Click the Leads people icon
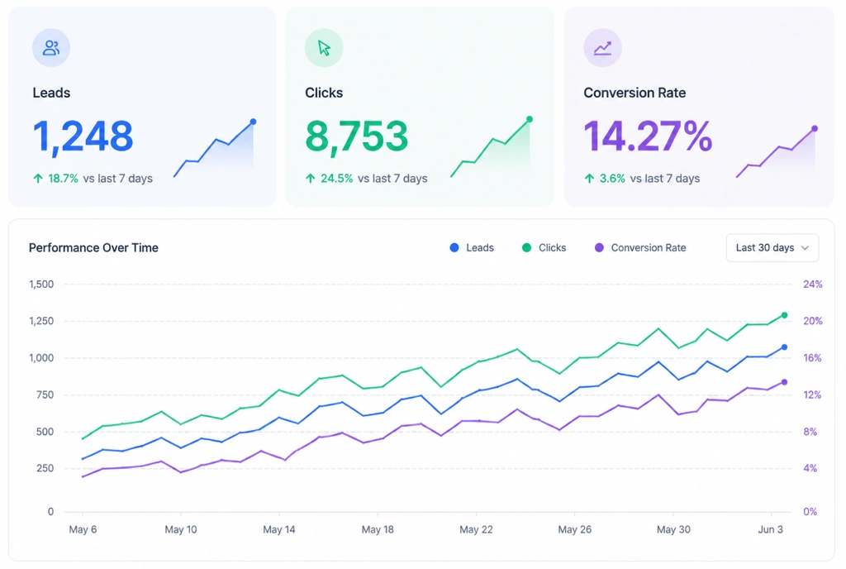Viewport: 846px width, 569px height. pos(51,48)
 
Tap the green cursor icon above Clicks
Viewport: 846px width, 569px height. pos(324,48)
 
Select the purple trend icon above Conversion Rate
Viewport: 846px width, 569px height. pos(602,49)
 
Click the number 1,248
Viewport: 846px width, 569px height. pos(83,136)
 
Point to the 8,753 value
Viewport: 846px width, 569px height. pos(357,136)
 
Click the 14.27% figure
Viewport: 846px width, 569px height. pos(648,136)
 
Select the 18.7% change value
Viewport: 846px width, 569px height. pos(63,179)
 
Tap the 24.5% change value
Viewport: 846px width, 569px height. pos(337,179)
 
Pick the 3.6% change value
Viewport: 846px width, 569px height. pos(612,179)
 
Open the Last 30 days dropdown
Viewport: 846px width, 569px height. pos(772,248)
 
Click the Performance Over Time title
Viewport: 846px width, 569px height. pos(93,248)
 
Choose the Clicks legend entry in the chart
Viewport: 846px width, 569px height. pos(544,248)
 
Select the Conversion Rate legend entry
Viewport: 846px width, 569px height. pos(640,248)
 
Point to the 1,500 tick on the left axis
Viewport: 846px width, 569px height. pos(41,284)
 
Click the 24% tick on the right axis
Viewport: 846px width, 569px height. pos(813,284)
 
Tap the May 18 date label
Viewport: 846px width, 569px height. pos(378,529)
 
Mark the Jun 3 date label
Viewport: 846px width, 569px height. pos(770,529)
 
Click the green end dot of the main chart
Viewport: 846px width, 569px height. pos(785,315)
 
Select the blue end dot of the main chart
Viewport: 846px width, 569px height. pos(785,347)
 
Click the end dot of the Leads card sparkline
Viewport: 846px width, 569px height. pos(253,122)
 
